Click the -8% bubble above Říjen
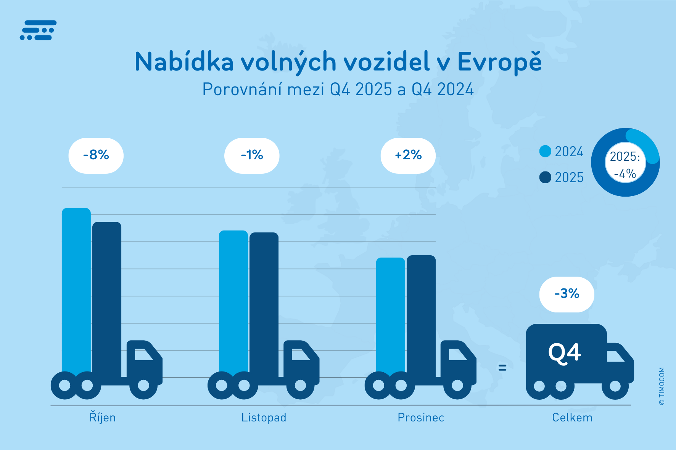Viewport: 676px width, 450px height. (x=96, y=155)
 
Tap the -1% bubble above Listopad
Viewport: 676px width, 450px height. (x=252, y=155)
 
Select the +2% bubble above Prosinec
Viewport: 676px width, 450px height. (x=408, y=155)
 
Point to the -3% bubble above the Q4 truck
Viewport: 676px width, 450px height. (x=567, y=294)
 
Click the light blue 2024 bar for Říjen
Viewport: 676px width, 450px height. (x=76, y=290)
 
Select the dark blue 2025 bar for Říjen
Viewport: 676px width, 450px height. (x=107, y=297)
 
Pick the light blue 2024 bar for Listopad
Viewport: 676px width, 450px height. (x=233, y=301)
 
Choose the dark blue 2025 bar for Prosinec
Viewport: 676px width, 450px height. (x=421, y=312)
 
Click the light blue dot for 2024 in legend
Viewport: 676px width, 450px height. (x=545, y=151)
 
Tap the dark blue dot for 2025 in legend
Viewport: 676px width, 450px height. (x=545, y=177)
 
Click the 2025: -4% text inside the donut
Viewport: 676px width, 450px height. (x=625, y=165)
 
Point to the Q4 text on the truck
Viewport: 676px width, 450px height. (x=565, y=353)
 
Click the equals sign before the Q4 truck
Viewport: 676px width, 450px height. (x=502, y=368)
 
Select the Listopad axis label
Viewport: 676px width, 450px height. (x=264, y=418)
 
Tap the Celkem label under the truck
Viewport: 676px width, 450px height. (x=572, y=418)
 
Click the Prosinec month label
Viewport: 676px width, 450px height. (x=421, y=418)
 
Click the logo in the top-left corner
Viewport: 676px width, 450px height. (x=38, y=30)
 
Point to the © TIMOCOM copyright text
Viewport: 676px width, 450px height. (x=662, y=386)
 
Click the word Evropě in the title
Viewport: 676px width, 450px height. (x=499, y=62)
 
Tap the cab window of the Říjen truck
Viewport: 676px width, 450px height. (x=143, y=354)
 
